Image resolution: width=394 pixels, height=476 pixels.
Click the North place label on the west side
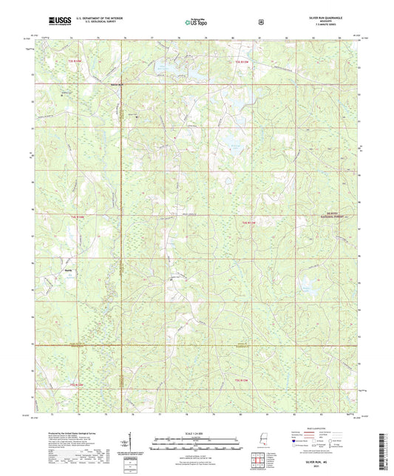pyautogui.click(x=69, y=270)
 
